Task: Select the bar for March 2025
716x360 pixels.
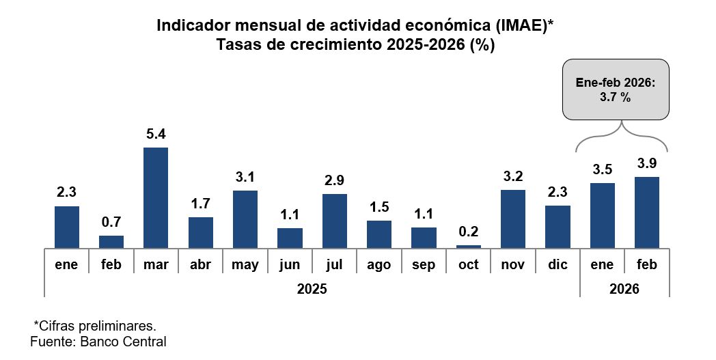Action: click(156, 197)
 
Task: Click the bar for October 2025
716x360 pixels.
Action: click(469, 246)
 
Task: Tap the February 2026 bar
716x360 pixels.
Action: click(647, 212)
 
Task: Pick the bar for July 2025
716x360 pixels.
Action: click(335, 221)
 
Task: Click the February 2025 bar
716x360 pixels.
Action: click(111, 241)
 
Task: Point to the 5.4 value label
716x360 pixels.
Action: click(156, 134)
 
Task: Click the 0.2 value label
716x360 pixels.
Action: click(469, 232)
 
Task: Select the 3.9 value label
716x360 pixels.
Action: click(647, 163)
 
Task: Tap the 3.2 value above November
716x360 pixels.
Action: click(513, 176)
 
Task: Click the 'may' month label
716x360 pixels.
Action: click(245, 264)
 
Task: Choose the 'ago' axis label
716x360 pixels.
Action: click(379, 264)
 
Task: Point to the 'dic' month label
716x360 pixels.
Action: click(557, 264)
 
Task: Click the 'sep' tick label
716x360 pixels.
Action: click(424, 264)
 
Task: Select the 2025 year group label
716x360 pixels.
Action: click(312, 288)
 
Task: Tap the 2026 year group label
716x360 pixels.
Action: click(624, 288)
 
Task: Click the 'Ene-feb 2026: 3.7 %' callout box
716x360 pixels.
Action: click(616, 89)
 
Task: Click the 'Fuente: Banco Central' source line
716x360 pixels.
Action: click(98, 341)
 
